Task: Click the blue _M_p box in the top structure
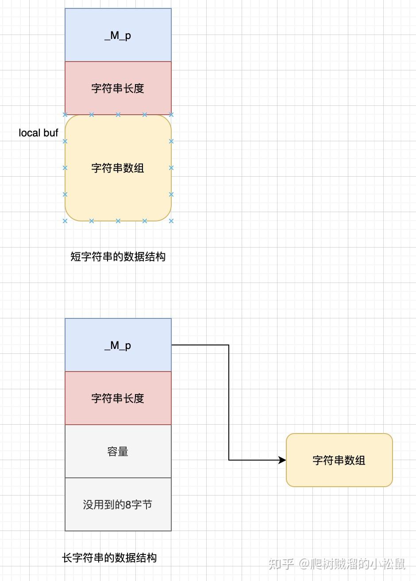point(118,35)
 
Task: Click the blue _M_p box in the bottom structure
point(118,345)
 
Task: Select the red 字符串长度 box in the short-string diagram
point(118,88)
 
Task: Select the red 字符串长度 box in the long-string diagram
point(118,398)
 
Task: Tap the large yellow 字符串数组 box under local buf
point(118,168)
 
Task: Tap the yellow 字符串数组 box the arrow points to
point(339,460)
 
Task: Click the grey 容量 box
point(118,451)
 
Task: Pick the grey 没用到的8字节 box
point(118,504)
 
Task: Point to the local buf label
point(39,133)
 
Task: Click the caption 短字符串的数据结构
point(118,257)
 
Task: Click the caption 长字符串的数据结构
point(109,558)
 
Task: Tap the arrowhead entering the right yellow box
point(282,460)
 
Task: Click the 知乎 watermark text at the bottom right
point(281,564)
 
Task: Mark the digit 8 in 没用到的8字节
point(128,505)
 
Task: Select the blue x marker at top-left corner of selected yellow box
point(65,115)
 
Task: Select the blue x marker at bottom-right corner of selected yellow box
point(171,221)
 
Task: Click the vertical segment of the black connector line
point(229,403)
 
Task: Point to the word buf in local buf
point(51,133)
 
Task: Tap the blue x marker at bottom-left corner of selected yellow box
point(65,221)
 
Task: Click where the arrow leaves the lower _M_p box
point(173,345)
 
